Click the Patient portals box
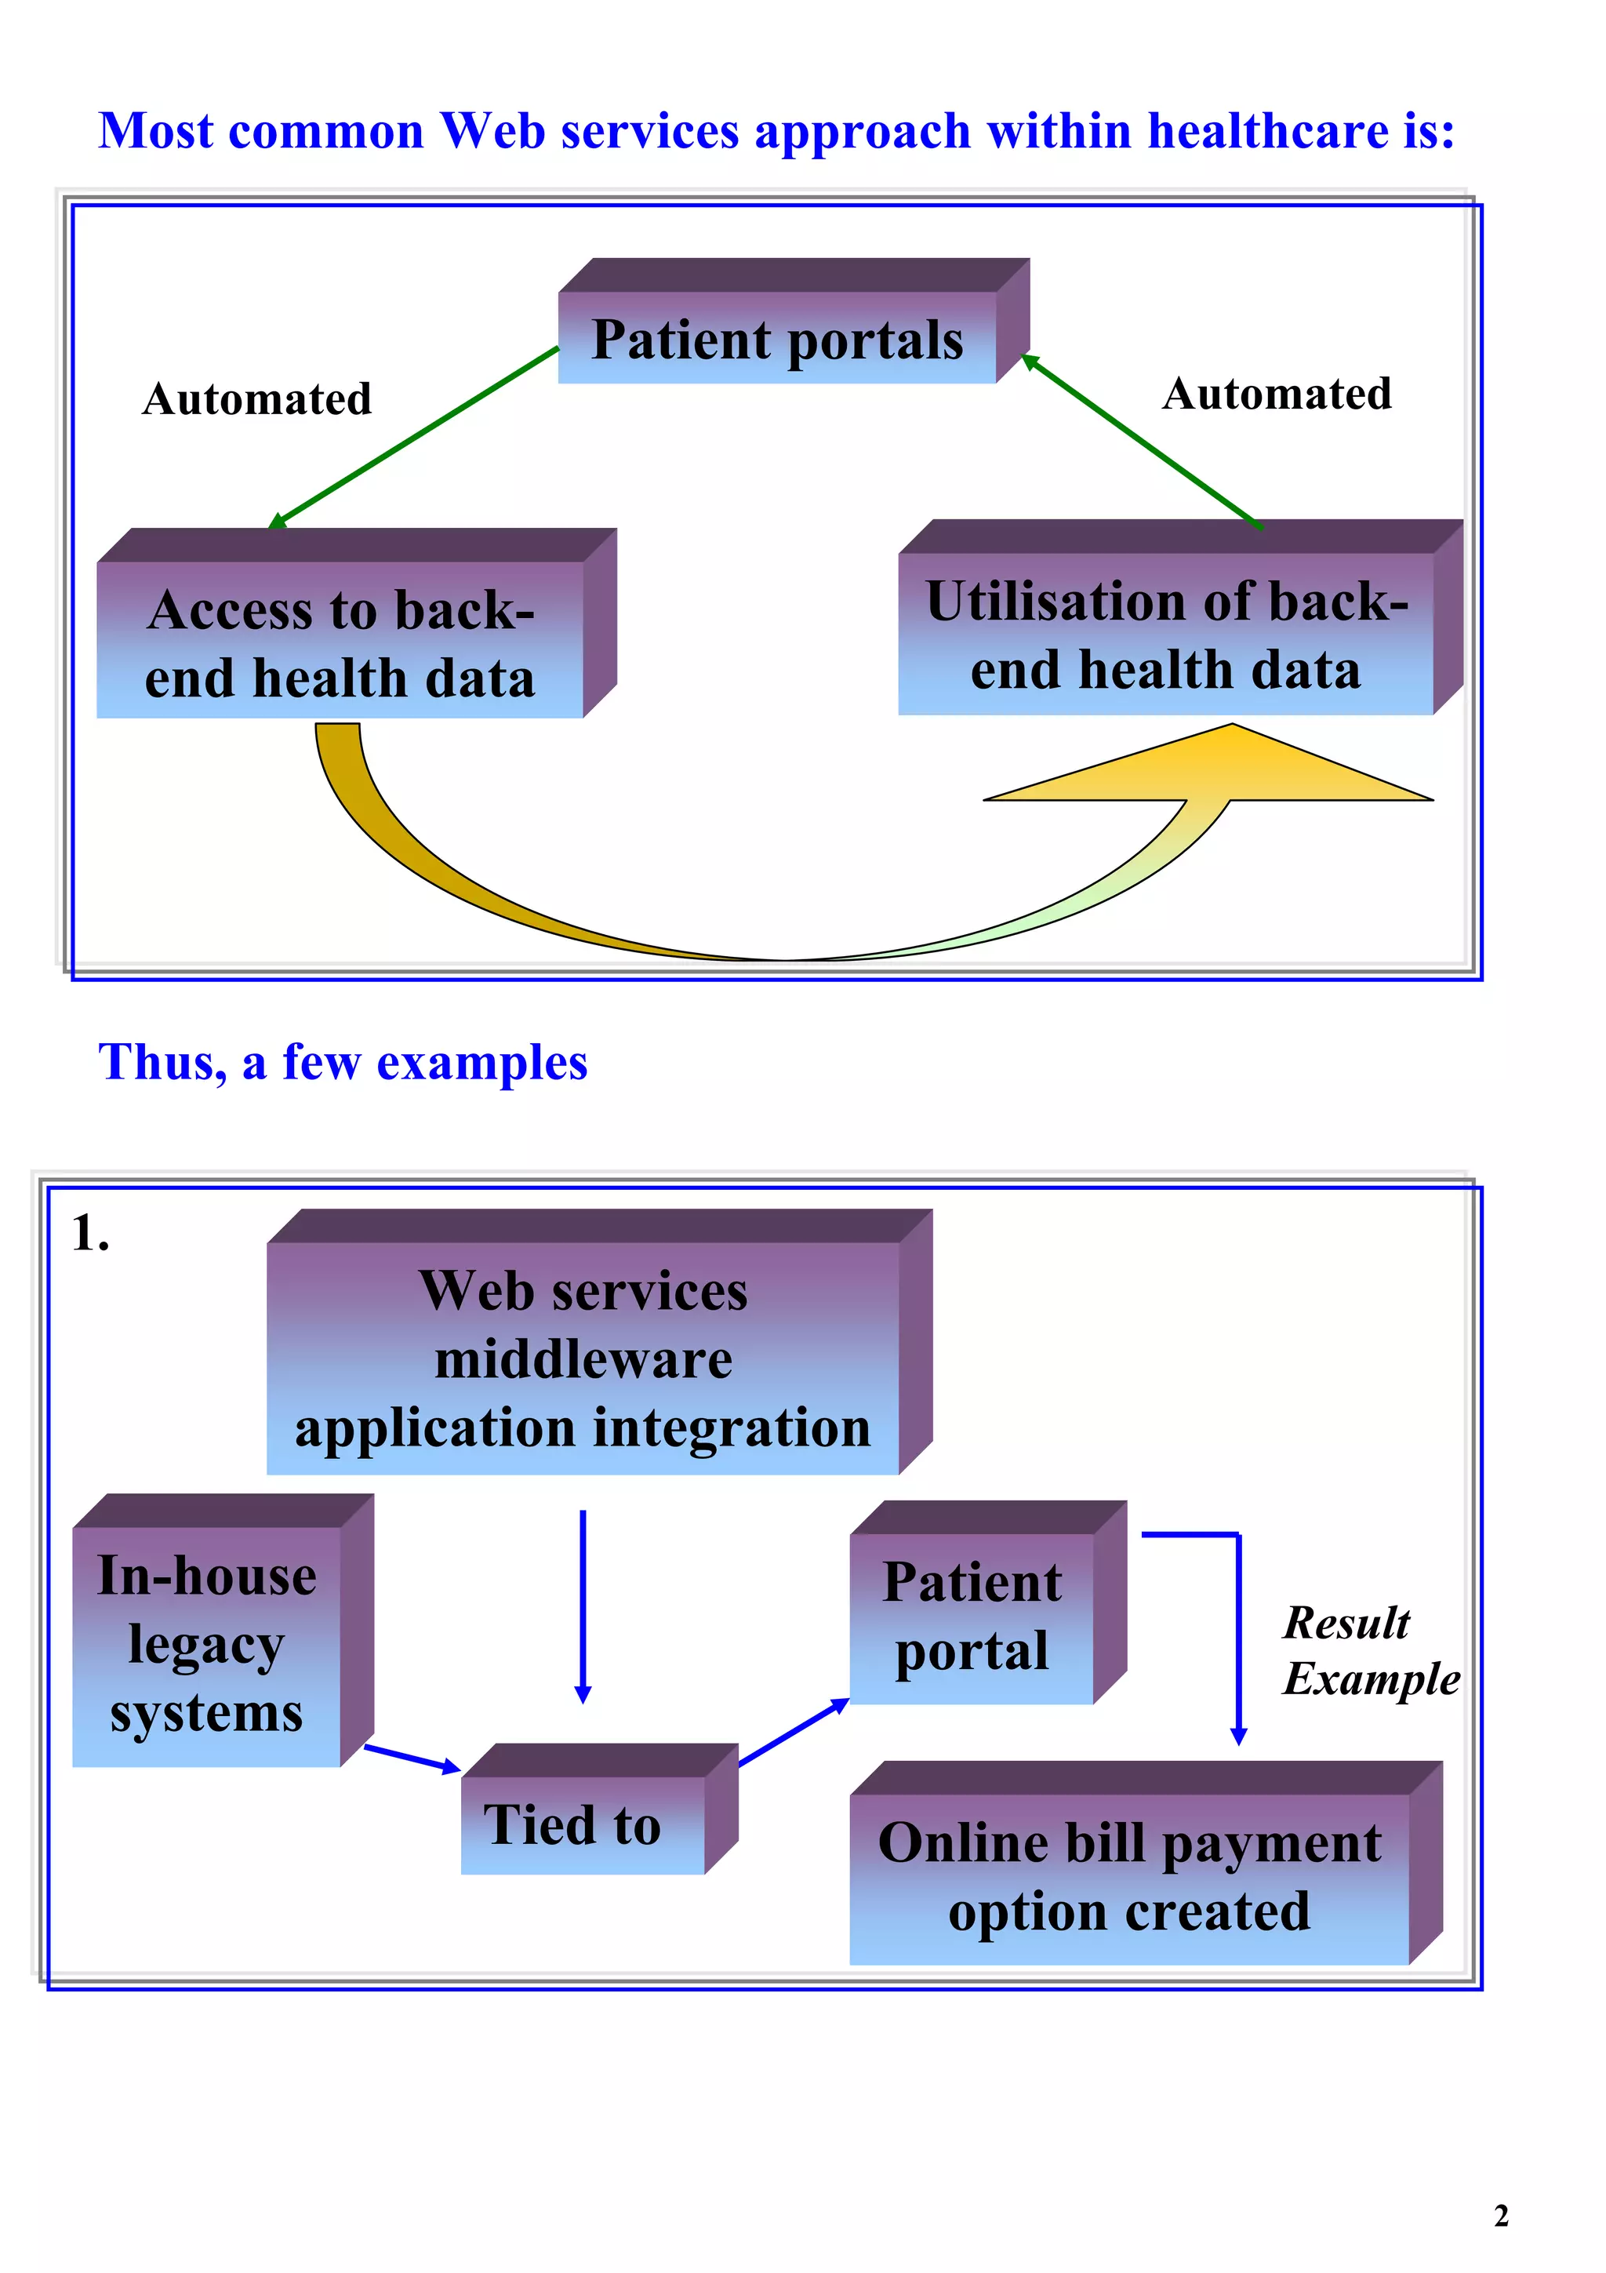click(777, 339)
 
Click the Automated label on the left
click(256, 399)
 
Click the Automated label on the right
click(1277, 394)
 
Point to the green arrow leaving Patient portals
click(416, 435)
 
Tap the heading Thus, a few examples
click(343, 1062)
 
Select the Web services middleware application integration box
click(583, 1358)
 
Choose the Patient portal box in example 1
click(972, 1617)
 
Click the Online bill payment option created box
click(1129, 1877)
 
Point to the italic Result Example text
click(1369, 1651)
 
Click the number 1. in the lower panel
click(90, 1235)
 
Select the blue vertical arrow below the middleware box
click(583, 1604)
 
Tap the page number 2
click(1500, 2215)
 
